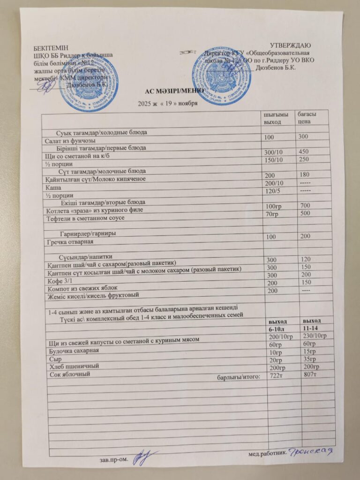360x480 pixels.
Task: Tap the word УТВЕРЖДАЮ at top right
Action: point(291,45)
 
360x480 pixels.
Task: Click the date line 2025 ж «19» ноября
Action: point(166,104)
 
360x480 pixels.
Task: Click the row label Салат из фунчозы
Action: point(70,141)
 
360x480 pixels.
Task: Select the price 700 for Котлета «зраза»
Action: point(305,206)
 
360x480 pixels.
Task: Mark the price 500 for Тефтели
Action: point(305,213)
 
